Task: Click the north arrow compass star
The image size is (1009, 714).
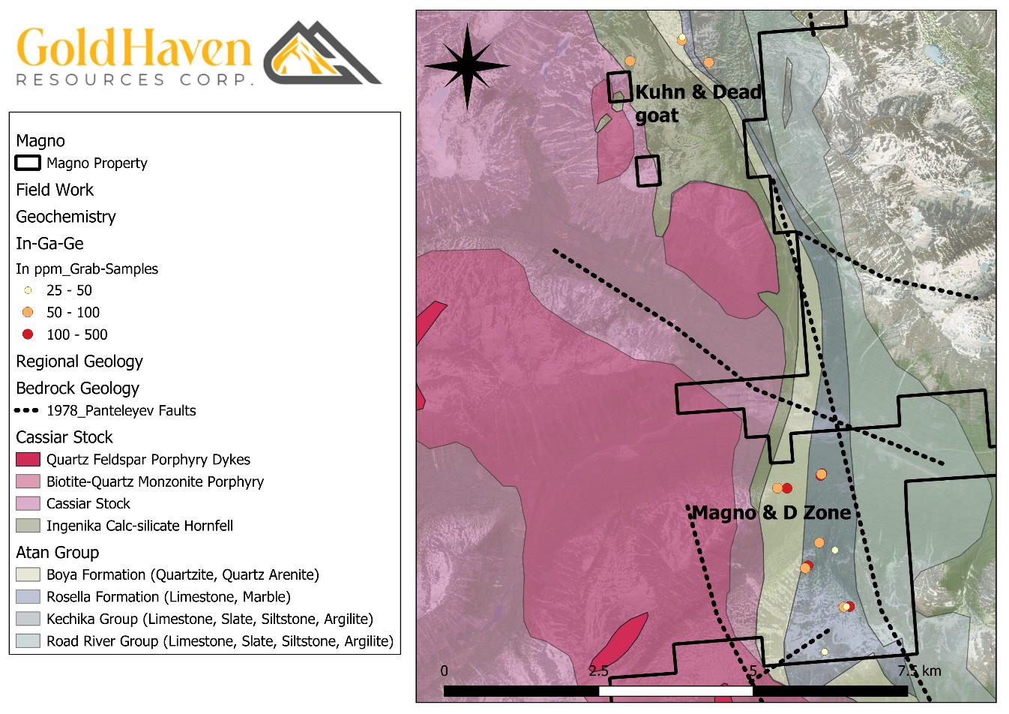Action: click(x=467, y=66)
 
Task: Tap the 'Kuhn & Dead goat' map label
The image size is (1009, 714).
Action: click(x=697, y=103)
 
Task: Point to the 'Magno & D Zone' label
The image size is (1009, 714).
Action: click(x=771, y=513)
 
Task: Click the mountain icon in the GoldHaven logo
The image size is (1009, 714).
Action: click(x=322, y=54)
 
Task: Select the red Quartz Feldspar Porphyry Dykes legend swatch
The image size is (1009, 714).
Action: click(x=28, y=459)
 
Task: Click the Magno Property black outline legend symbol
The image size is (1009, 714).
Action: click(x=28, y=163)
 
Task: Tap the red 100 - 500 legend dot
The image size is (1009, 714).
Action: click(x=28, y=334)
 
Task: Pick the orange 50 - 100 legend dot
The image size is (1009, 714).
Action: click(x=28, y=312)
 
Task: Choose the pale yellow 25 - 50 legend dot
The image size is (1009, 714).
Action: click(x=28, y=290)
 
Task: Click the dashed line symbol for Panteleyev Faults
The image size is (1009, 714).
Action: click(x=27, y=410)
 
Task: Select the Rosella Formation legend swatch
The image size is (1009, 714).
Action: click(x=28, y=597)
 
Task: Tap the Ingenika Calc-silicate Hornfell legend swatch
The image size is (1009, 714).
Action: click(x=28, y=526)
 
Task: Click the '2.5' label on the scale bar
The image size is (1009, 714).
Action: click(x=598, y=670)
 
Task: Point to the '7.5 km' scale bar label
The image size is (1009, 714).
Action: click(x=919, y=670)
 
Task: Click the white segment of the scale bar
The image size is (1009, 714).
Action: click(x=675, y=691)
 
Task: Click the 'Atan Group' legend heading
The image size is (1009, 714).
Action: click(x=58, y=553)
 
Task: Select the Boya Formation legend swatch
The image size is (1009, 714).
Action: click(x=28, y=574)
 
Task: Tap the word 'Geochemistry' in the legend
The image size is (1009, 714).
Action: click(x=66, y=217)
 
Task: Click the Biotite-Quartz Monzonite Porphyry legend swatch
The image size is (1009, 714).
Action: click(x=28, y=481)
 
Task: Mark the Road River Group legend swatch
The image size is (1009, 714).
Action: click(x=28, y=641)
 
